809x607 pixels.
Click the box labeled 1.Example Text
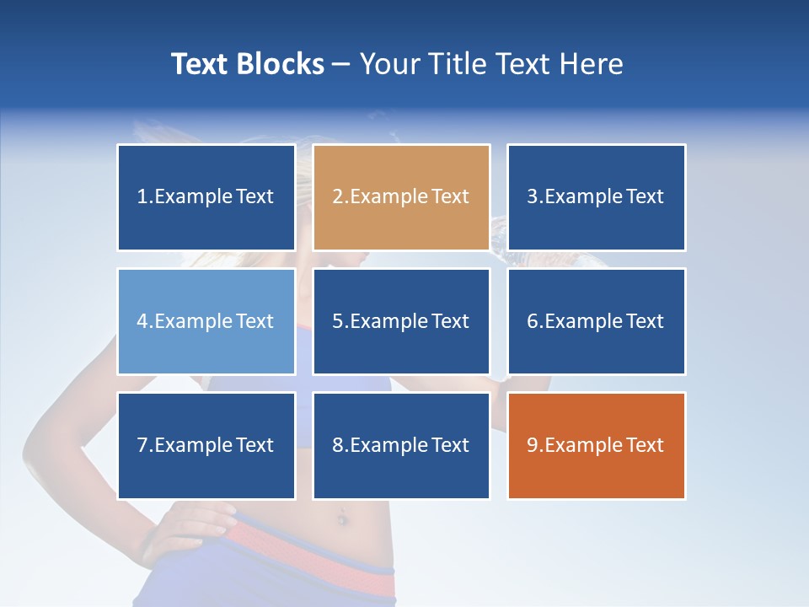point(206,197)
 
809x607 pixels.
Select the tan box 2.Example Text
point(401,197)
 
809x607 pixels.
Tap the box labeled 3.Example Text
point(596,197)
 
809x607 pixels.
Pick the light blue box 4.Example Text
point(206,321)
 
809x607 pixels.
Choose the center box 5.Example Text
point(401,321)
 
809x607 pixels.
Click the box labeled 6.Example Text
point(596,321)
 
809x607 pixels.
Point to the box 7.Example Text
point(206,445)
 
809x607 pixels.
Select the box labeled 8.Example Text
point(401,445)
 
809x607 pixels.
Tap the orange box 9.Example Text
point(596,445)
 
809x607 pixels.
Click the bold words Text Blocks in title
point(248,64)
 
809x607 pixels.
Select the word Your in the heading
point(389,64)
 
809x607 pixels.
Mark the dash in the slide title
point(341,65)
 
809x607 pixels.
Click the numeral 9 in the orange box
point(533,445)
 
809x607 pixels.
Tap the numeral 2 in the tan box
point(338,197)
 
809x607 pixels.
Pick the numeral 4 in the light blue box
point(142,321)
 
